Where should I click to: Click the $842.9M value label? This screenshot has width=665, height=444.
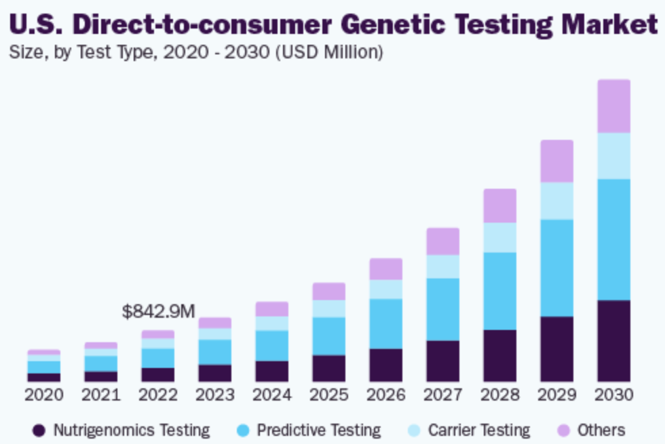(x=158, y=312)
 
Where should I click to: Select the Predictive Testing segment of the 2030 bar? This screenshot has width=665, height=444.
(x=613, y=240)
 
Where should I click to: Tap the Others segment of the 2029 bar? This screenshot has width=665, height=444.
(x=556, y=161)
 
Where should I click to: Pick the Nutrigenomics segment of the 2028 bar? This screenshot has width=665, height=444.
(x=499, y=356)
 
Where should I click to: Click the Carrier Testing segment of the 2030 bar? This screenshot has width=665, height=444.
(x=613, y=155)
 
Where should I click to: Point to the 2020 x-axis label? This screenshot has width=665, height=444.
(x=44, y=394)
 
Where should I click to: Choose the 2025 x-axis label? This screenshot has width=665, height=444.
(x=329, y=394)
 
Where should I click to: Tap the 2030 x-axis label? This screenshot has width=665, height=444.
(x=613, y=394)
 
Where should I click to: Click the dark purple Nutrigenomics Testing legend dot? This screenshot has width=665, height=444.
(x=39, y=430)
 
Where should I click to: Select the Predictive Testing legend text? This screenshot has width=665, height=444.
(x=319, y=430)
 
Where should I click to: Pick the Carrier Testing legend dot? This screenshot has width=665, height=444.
(x=415, y=430)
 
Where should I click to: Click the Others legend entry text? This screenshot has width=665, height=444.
(x=601, y=430)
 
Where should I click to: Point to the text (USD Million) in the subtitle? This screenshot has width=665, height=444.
(x=328, y=52)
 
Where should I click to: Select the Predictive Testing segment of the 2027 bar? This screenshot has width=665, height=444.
(x=442, y=309)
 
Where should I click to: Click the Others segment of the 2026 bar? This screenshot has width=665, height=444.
(x=385, y=269)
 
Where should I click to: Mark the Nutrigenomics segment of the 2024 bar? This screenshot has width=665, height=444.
(x=272, y=371)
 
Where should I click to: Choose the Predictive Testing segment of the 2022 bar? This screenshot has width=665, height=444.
(x=158, y=358)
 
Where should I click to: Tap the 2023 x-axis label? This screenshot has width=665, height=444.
(x=215, y=394)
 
